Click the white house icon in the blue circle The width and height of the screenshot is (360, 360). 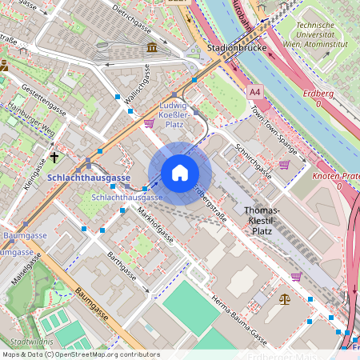180,173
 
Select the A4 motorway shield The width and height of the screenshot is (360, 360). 255,92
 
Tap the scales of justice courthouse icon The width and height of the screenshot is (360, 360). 285,298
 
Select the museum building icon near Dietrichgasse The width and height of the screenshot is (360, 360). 152,49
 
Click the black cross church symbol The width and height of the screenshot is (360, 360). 54,158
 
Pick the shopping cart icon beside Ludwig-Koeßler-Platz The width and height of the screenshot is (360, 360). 149,123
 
